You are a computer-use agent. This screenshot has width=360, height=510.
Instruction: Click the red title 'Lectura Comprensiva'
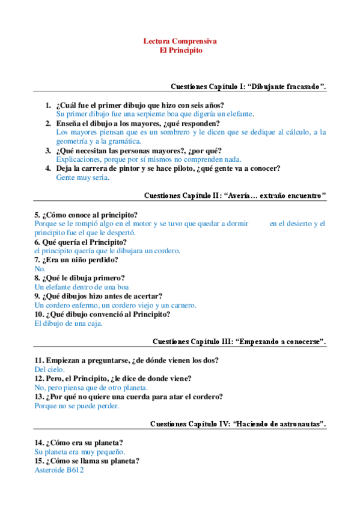tap(180, 41)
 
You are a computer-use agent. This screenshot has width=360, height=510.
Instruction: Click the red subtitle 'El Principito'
tap(180, 51)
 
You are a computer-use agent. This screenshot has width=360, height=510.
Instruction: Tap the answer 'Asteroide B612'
tap(59, 470)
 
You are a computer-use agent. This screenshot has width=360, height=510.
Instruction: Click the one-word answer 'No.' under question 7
tap(40, 269)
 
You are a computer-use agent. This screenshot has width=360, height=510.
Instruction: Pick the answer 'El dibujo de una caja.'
tap(69, 323)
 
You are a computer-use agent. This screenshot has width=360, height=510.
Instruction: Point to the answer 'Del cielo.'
tap(49, 369)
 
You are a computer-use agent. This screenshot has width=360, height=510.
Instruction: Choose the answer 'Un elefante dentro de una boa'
tap(82, 287)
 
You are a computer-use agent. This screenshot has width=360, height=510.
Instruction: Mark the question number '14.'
tap(40, 443)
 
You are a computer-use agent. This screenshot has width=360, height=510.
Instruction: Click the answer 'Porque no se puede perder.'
tap(77, 405)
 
